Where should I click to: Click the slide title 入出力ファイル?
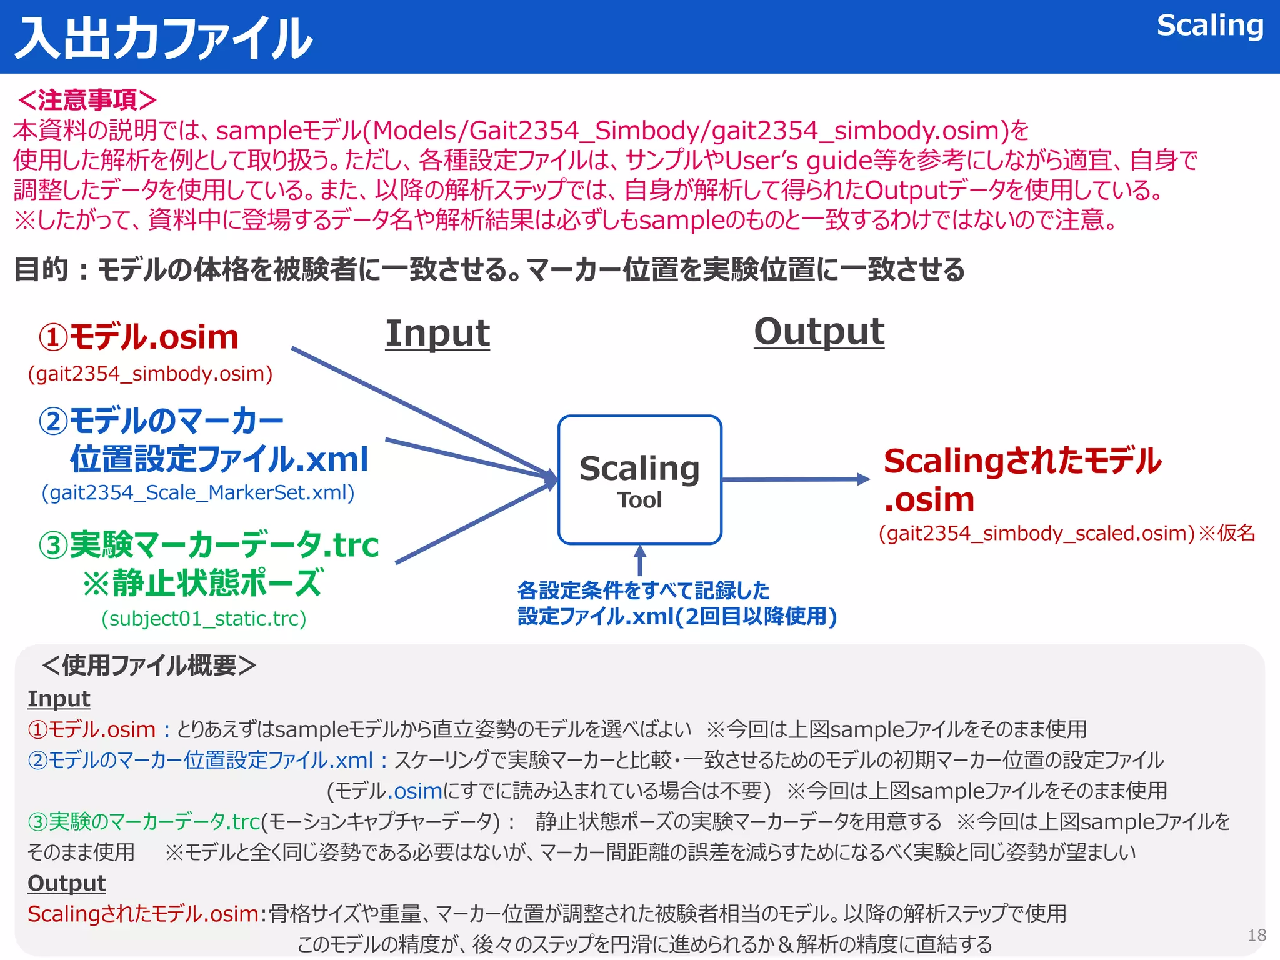164,39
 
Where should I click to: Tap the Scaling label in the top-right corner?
1209,26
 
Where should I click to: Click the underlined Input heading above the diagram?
437,333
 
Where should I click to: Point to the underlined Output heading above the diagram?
819,331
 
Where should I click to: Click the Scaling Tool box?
639,480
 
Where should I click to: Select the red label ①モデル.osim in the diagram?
139,337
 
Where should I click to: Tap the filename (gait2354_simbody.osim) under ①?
150,374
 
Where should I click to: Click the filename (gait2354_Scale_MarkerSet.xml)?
198,493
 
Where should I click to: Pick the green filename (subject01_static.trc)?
204,619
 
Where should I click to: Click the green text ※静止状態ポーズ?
203,582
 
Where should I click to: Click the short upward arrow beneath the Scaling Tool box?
639,560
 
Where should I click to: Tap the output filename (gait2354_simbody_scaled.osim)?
1036,534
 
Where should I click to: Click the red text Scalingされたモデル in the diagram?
1022,461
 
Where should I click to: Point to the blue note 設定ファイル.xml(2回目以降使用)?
677,617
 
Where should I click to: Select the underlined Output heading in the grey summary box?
66,883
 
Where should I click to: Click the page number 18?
1256,935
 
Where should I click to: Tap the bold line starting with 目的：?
489,270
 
